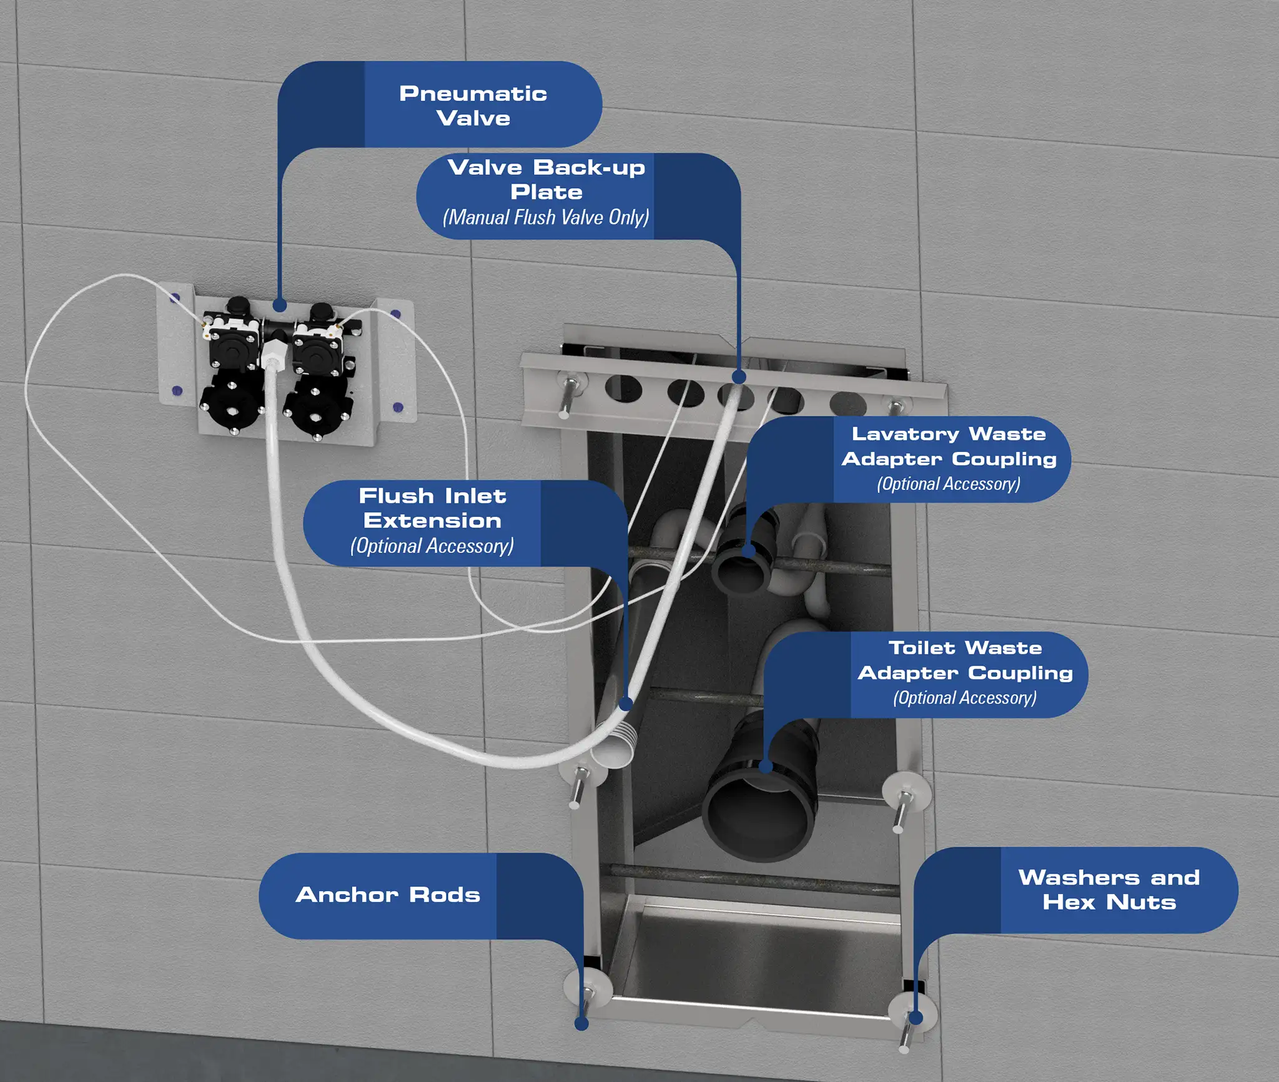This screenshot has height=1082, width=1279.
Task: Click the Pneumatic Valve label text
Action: pos(473,106)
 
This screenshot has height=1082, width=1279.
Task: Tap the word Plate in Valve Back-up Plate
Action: pos(546,192)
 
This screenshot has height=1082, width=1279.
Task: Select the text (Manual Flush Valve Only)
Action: pos(545,217)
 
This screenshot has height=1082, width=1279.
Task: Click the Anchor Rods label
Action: pos(387,894)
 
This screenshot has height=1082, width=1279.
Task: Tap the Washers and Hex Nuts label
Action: pos(1109,889)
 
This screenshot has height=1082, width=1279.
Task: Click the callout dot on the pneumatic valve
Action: pos(280,305)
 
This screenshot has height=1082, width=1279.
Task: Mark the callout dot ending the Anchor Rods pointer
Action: pos(581,1024)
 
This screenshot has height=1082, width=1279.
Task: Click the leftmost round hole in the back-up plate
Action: pos(623,389)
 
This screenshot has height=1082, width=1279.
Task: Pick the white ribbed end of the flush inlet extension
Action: pos(615,746)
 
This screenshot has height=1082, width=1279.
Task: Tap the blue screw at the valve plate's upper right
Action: pos(395,313)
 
